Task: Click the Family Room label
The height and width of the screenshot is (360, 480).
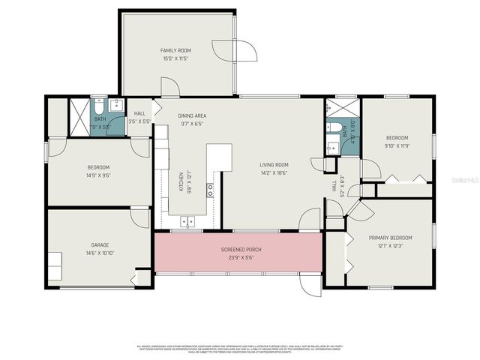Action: coord(175,50)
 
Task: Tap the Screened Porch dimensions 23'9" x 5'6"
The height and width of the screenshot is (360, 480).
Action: coord(237,257)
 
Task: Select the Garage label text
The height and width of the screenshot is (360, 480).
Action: coord(100,245)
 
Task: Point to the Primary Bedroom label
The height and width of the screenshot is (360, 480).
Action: coord(390,238)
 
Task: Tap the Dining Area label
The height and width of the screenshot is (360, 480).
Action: coord(192,115)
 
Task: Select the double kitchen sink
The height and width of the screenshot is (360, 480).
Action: coord(187,221)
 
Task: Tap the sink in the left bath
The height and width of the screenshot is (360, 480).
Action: coord(116,105)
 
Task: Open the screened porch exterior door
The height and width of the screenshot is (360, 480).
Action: coord(310,284)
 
